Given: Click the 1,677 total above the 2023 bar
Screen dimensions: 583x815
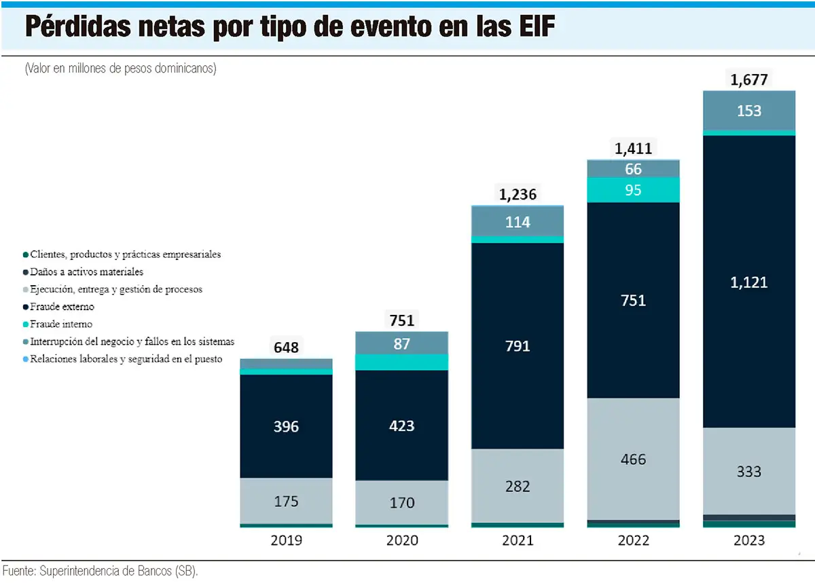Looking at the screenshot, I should (748, 80).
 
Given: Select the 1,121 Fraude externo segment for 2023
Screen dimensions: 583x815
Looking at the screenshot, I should (748, 282).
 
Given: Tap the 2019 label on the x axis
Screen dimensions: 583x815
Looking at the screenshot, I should (286, 541).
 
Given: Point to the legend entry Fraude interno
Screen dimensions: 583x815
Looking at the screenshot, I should (61, 324).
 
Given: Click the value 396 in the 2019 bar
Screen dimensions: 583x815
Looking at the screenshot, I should (286, 427).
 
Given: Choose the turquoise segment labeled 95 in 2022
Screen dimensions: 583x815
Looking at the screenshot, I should (634, 191).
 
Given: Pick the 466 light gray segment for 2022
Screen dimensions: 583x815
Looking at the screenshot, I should (634, 459).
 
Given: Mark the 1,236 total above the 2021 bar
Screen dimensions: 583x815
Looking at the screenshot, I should (518, 195).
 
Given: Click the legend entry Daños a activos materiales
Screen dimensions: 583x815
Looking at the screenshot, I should (87, 272).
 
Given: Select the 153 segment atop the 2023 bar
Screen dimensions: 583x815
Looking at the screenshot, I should (748, 111).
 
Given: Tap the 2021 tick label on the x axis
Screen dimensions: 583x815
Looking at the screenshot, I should (518, 541).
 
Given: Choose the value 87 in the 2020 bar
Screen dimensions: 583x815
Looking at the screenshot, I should (401, 344).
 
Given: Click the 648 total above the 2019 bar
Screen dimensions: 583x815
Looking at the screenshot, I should (286, 348).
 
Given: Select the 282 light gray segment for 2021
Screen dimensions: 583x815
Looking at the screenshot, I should (518, 486).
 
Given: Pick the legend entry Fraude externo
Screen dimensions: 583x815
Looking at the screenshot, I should (62, 307).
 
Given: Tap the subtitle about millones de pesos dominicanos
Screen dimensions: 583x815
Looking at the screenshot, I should (120, 69).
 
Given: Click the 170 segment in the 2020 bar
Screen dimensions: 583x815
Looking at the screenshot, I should (401, 503).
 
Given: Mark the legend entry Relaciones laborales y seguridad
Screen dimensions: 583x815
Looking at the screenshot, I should (126, 359).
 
